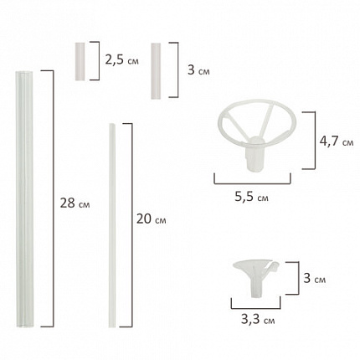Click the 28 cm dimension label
tap(75, 203)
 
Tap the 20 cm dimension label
tap(152, 219)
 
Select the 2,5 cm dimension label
tap(121, 59)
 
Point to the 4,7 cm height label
tap(337, 141)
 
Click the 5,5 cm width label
tap(251, 197)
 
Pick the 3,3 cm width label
tap(258, 319)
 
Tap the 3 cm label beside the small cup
tap(314, 278)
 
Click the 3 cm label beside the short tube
tap(198, 69)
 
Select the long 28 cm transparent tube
tap(24, 199)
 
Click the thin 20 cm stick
tap(112, 225)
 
